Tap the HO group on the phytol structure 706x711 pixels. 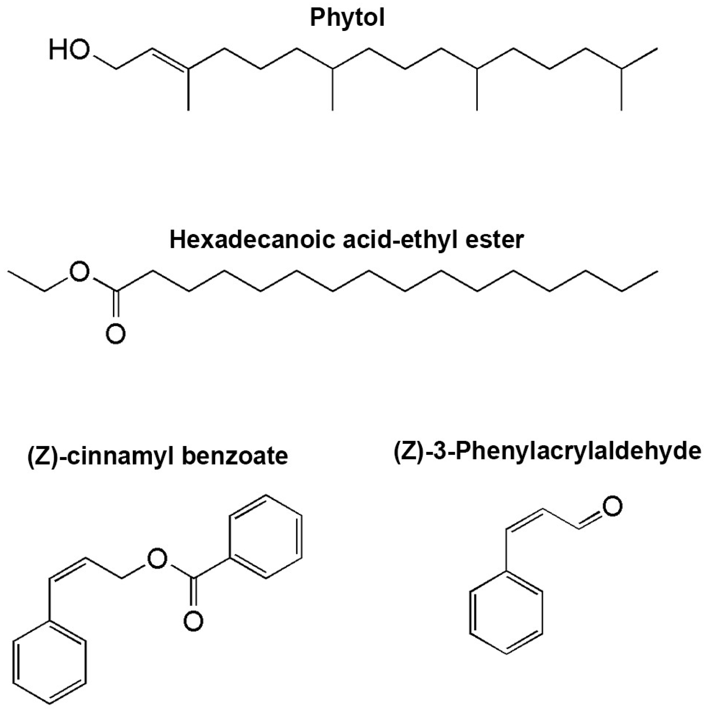[69, 50]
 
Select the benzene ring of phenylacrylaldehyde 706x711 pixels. [506, 611]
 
